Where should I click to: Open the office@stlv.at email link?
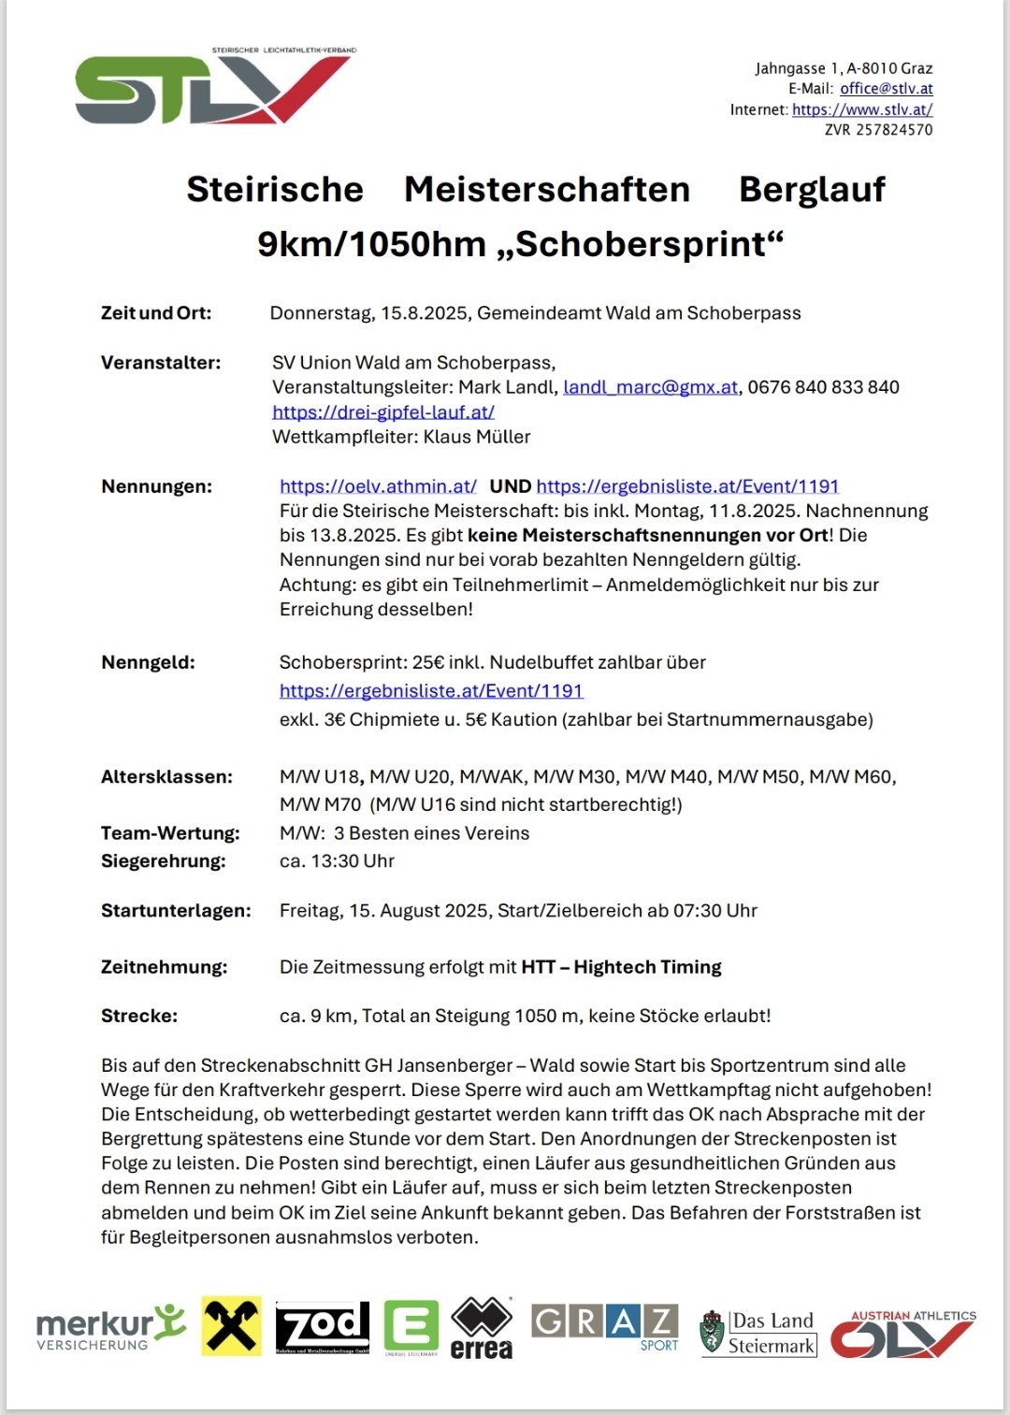pos(886,89)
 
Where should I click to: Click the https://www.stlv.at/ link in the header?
pos(861,109)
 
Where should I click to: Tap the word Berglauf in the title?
pos(811,189)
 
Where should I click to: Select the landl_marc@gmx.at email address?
pos(650,387)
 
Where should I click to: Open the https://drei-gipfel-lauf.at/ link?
pos(382,412)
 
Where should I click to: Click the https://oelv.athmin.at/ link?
pos(378,486)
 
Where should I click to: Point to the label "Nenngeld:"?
pos(148,662)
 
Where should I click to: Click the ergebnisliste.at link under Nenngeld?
pos(430,691)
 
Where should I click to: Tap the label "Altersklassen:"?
pos(166,777)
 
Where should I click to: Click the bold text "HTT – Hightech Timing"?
pos(621,967)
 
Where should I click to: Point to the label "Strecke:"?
pos(138,1017)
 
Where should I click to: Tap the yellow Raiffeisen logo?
pos(231,1326)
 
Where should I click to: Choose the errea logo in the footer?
pos(481,1328)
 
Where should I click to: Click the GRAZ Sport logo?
pos(604,1326)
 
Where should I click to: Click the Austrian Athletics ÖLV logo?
pos(902,1334)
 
